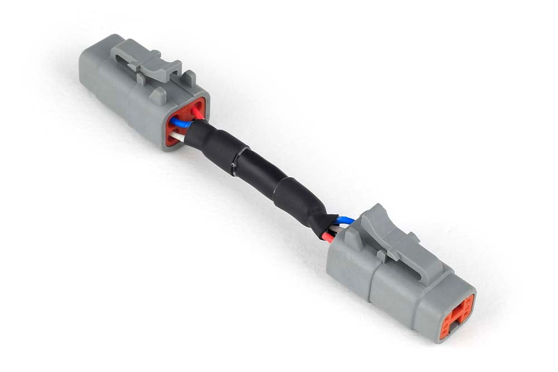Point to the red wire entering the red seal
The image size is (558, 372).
[198, 113]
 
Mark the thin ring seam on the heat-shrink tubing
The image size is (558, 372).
[237, 162]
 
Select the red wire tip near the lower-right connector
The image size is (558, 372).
[328, 238]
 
